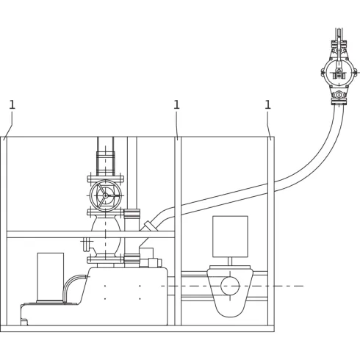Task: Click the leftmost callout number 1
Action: [12, 105]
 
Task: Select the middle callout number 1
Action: [176, 105]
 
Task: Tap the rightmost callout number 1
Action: [268, 105]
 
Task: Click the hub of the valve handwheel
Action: [105, 195]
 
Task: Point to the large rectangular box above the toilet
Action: [230, 237]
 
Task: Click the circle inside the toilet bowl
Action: [230, 286]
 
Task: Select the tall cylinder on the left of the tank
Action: [51, 278]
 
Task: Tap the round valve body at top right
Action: [339, 73]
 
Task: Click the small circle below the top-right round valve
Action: [339, 95]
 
